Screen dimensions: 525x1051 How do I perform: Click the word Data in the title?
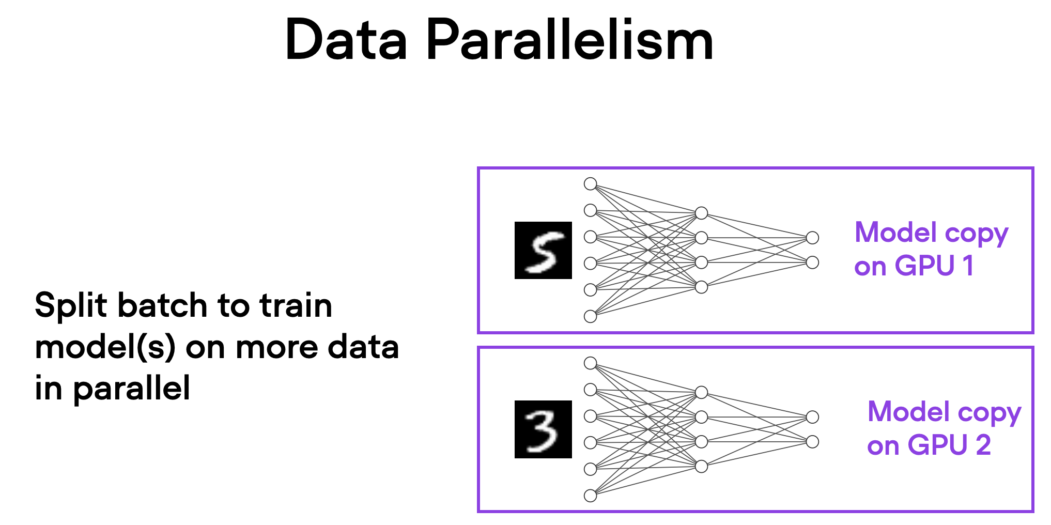(x=346, y=40)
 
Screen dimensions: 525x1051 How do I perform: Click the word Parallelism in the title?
(x=569, y=40)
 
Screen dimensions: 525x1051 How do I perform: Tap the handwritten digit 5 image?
(x=543, y=251)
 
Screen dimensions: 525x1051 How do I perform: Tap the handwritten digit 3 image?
(x=543, y=429)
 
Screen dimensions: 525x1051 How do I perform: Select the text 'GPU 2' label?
(x=949, y=445)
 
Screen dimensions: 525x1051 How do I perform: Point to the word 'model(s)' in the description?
(x=105, y=347)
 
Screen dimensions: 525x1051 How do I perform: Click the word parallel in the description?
(x=132, y=388)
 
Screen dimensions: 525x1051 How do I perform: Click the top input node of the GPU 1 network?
(x=590, y=184)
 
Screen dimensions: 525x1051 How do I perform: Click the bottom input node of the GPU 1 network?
(x=590, y=316)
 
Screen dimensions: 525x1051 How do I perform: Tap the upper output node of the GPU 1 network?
(x=812, y=238)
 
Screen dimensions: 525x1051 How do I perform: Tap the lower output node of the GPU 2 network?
(x=812, y=442)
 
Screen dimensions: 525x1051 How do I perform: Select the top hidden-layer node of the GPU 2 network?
(x=701, y=392)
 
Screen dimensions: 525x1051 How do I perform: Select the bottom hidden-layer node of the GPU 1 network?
(x=701, y=287)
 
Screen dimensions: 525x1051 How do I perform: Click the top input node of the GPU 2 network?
(x=590, y=363)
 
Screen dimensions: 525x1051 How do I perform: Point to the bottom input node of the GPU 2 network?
(x=590, y=496)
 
